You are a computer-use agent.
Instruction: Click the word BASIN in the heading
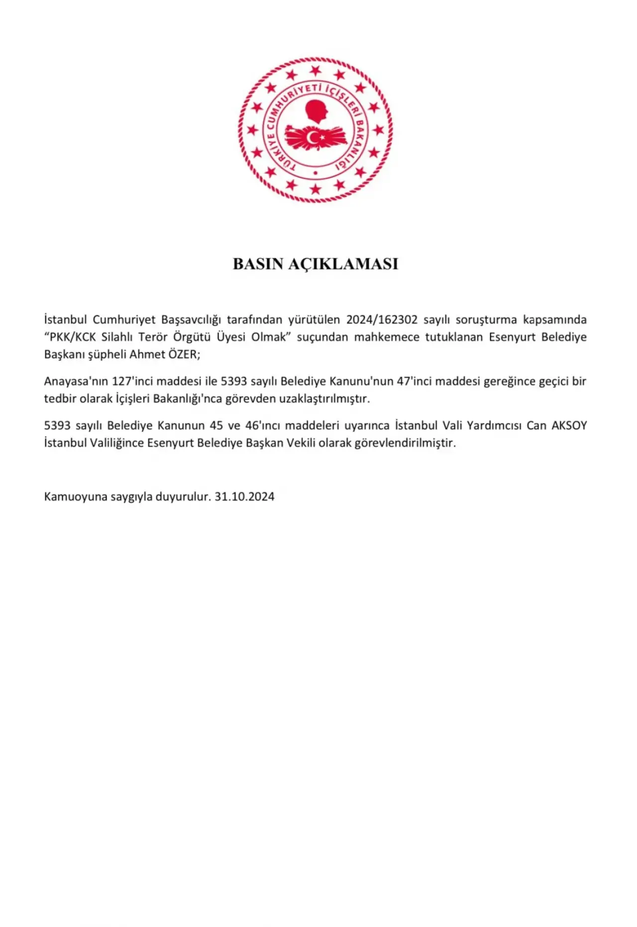click(258, 264)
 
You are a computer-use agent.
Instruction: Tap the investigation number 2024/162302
click(382, 319)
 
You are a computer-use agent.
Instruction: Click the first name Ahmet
click(147, 354)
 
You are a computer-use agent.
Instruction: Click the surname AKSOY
click(569, 425)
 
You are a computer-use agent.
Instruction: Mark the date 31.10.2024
click(244, 497)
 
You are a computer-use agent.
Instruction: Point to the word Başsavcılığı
click(191, 319)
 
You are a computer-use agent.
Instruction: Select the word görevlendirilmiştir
click(405, 443)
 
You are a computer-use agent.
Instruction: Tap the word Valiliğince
click(116, 443)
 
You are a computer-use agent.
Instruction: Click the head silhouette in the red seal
click(317, 111)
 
